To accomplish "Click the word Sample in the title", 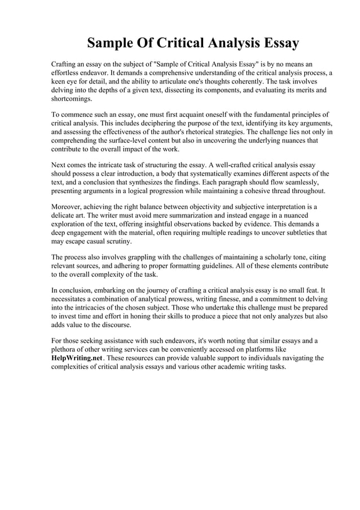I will pyautogui.click(x=118, y=43).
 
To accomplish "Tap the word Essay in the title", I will pyautogui.click(x=276, y=43).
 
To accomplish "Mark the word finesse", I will pyautogui.click(x=230, y=299).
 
